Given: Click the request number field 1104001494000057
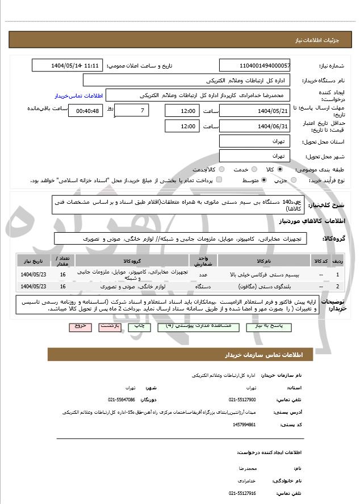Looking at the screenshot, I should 254,66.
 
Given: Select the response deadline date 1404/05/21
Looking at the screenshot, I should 254,110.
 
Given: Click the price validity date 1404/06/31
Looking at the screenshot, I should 254,126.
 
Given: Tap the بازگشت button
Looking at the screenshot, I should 110,327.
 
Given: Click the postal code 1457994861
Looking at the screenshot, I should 244,424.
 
